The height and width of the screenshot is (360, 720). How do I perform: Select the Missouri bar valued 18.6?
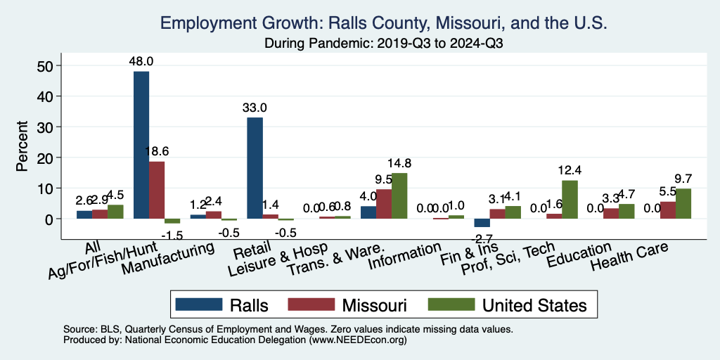pyautogui.click(x=156, y=190)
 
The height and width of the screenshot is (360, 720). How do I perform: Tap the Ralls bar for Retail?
pyautogui.click(x=255, y=168)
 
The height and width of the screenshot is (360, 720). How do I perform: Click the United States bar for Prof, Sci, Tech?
pyautogui.click(x=570, y=200)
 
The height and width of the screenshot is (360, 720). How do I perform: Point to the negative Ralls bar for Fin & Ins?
pyautogui.click(x=482, y=223)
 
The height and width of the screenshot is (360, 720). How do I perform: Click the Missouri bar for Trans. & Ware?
pyautogui.click(x=384, y=204)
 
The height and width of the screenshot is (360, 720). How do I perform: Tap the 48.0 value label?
pyautogui.click(x=141, y=61)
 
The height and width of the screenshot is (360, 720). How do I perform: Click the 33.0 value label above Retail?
pyautogui.click(x=255, y=108)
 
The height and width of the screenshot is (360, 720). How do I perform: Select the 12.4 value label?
pyautogui.click(x=570, y=170)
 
